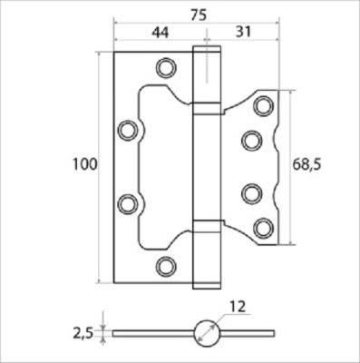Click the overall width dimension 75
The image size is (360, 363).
click(199, 15)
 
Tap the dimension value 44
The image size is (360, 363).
click(160, 32)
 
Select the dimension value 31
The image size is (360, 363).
click(243, 32)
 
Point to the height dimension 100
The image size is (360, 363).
click(85, 164)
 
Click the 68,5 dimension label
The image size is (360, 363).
click(306, 165)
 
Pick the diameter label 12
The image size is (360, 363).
click(238, 307)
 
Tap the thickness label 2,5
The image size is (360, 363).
click(83, 333)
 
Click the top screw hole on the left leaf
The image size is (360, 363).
click(166, 68)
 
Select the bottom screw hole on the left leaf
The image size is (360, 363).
click(166, 267)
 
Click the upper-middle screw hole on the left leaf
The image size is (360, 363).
click(128, 131)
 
